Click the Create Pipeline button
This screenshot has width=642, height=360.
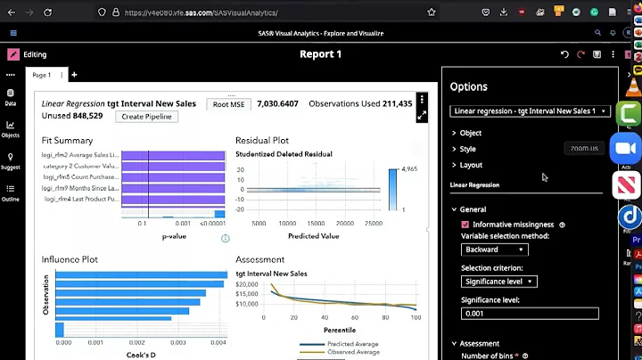tap(147, 117)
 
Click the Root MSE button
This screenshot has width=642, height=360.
tap(229, 104)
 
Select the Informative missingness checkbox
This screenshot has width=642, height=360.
tap(465, 225)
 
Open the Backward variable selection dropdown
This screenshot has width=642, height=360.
tap(498, 250)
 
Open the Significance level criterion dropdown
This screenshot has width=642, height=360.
tap(498, 282)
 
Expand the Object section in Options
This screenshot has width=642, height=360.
tap(470, 133)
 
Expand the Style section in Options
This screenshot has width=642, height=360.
tap(467, 149)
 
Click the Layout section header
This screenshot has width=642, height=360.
tap(471, 165)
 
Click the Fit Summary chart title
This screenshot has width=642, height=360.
tap(67, 141)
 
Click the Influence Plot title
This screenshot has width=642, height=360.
tap(70, 259)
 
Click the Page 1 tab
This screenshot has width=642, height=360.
tap(42, 75)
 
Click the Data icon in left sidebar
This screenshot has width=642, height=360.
tap(11, 97)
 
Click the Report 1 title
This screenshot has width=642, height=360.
tap(320, 54)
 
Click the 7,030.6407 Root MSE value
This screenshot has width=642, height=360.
tap(277, 104)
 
